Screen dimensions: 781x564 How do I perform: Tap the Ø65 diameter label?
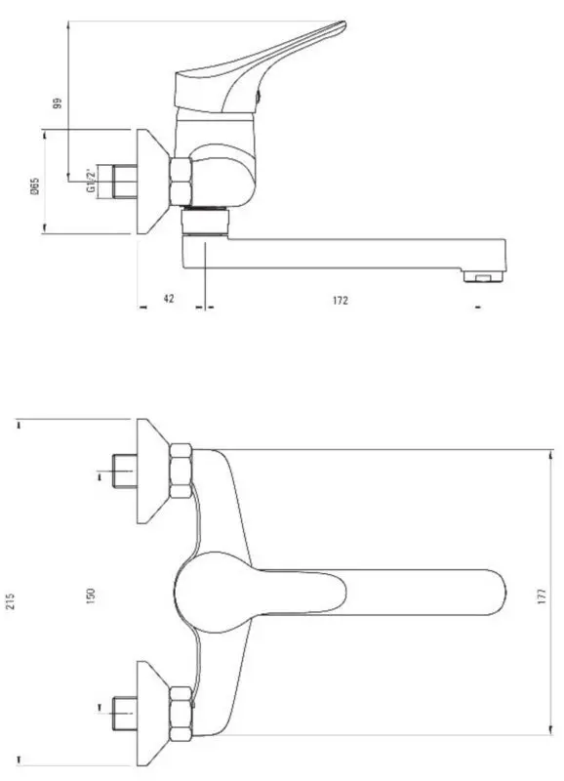[34, 185]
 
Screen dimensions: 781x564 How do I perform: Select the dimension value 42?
[168, 300]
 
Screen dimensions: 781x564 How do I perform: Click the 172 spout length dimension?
[340, 300]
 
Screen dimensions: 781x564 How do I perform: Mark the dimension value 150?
[91, 594]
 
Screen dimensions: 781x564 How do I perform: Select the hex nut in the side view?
[181, 182]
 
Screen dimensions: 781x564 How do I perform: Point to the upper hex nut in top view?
[181, 471]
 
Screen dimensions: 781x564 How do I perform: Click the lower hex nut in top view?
[181, 714]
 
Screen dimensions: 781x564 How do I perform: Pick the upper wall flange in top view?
[152, 471]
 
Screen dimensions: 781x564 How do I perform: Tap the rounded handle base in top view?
[210, 594]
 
